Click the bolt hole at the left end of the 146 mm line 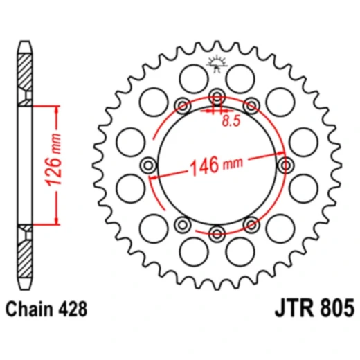[x=148, y=165]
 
